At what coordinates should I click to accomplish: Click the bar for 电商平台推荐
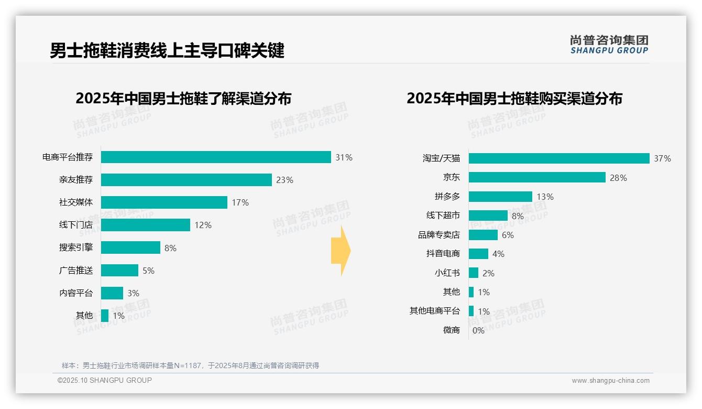coord(216,157)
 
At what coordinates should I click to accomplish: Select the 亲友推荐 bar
coord(187,180)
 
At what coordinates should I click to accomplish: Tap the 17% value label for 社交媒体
coord(240,202)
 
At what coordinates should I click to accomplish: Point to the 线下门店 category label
coord(76,225)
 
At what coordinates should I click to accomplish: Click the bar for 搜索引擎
coord(130,247)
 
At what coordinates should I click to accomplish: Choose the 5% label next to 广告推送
coord(148,271)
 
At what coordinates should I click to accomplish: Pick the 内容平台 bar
coord(112,293)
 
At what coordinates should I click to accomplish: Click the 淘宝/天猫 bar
coord(559,158)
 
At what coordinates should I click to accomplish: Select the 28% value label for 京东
coord(618,178)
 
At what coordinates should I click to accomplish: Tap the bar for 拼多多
coord(500,197)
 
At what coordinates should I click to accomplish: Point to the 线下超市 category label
coord(443,216)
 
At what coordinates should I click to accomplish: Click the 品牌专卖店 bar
coord(483,235)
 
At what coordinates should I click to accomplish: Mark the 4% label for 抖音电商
coord(498,254)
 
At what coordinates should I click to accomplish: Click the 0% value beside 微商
coord(478,330)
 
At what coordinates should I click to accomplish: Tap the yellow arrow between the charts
coord(341,251)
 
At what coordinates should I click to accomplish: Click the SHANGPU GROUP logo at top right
coord(609,45)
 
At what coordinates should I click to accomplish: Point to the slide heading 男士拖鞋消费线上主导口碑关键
coord(167,51)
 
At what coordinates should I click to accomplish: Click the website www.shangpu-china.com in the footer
coord(610,381)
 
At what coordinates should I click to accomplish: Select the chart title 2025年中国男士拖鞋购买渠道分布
coord(514,99)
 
